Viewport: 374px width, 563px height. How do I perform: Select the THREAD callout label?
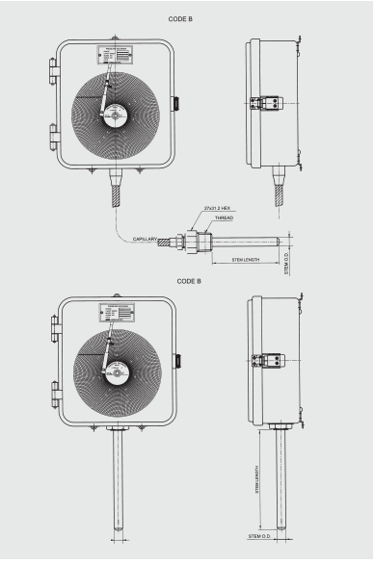[226, 218]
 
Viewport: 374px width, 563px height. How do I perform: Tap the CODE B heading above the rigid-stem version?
[188, 281]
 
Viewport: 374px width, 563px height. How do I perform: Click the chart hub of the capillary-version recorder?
[116, 114]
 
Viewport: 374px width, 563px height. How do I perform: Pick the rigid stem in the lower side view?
[280, 472]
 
